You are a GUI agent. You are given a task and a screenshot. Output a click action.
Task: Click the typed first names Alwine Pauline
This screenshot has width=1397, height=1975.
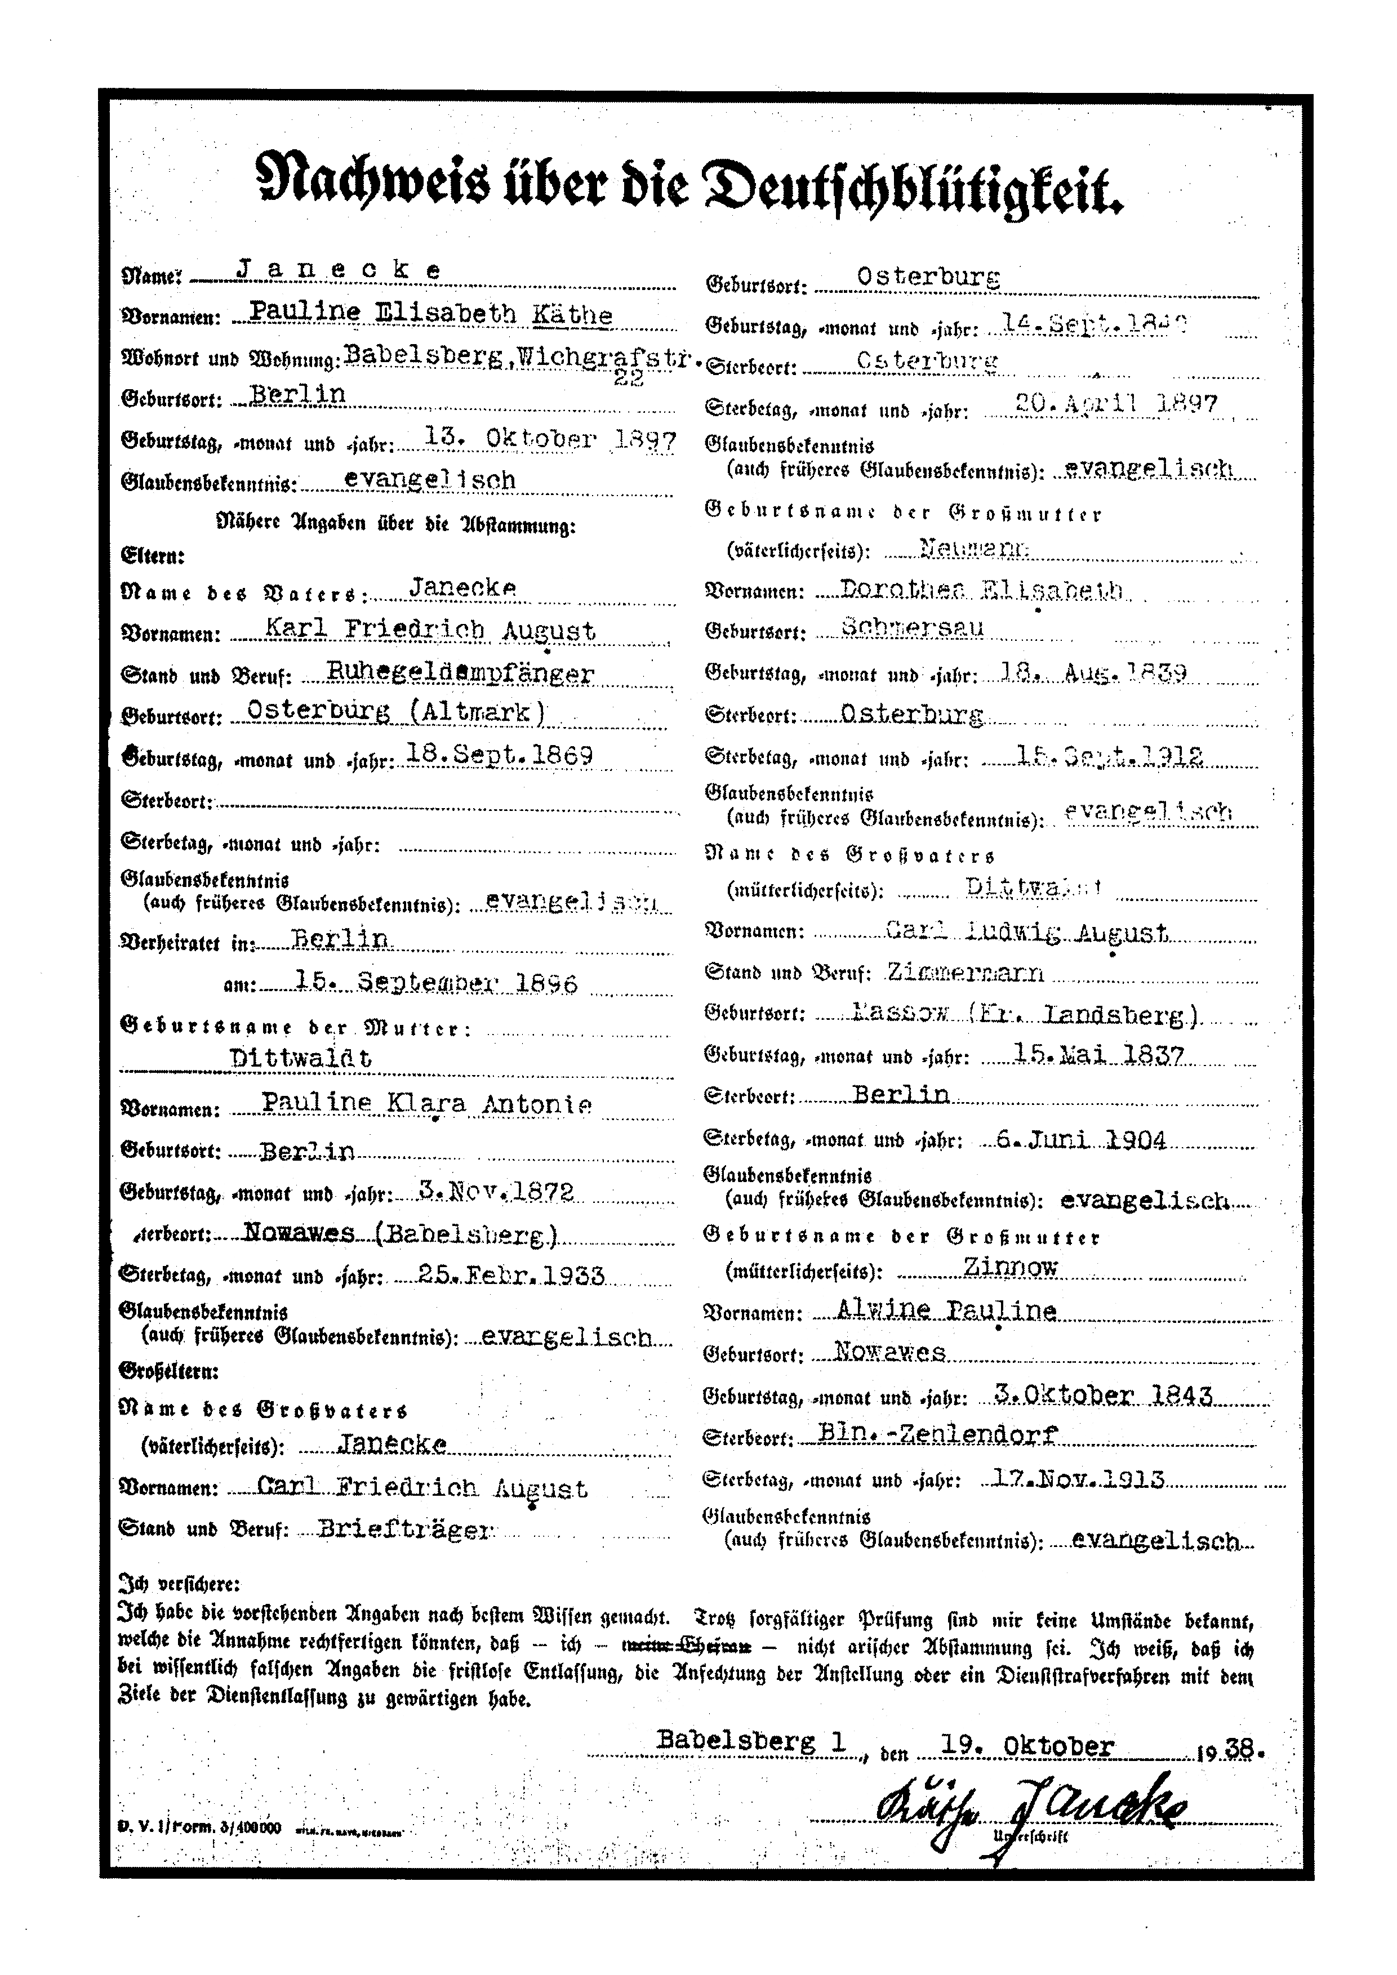tap(946, 1310)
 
